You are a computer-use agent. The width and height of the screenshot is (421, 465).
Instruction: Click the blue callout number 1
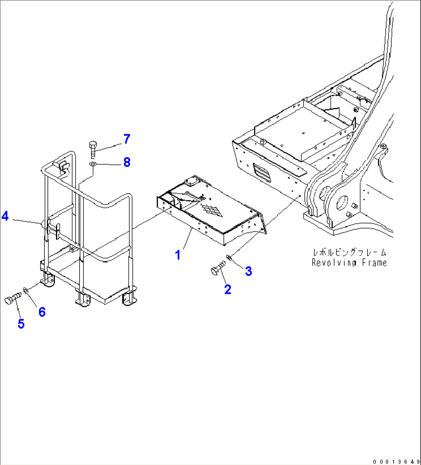(178, 255)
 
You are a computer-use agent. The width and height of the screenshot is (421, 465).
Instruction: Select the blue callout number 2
(228, 289)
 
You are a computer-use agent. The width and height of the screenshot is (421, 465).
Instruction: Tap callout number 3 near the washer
(248, 271)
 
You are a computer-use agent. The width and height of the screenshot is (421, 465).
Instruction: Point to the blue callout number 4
(5, 216)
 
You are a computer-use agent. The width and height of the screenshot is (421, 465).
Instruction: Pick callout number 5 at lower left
(21, 324)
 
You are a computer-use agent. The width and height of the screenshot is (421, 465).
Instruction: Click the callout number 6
(42, 312)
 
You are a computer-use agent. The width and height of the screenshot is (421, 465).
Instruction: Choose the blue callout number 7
(127, 139)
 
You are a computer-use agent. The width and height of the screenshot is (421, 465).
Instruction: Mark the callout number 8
(127, 162)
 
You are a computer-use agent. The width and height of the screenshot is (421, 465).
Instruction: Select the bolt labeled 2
(218, 268)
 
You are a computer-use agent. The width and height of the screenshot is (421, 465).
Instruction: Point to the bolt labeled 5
(13, 299)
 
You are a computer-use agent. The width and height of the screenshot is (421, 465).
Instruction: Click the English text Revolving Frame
(349, 263)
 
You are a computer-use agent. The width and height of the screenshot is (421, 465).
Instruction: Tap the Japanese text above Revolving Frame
(349, 253)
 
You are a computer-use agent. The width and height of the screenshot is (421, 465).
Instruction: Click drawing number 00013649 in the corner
(396, 461)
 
